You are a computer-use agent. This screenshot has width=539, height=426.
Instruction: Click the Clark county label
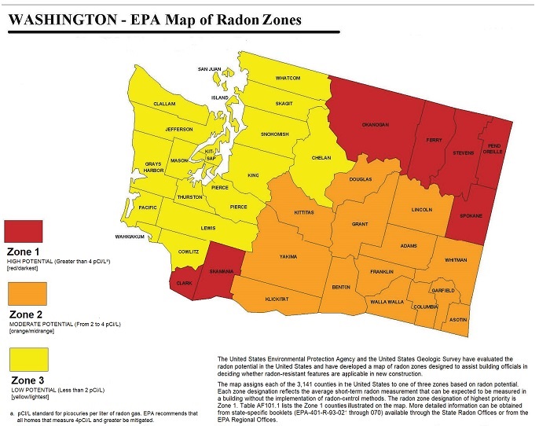coord(184,283)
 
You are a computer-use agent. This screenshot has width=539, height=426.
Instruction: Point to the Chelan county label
coord(321,157)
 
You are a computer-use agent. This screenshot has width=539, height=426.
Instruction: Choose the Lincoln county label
coord(421,210)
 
